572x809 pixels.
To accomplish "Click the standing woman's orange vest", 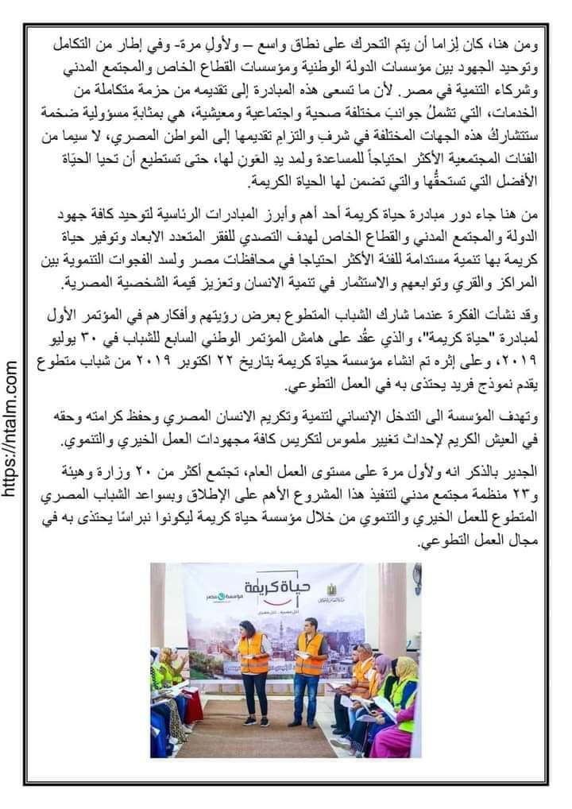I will point(253,652).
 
